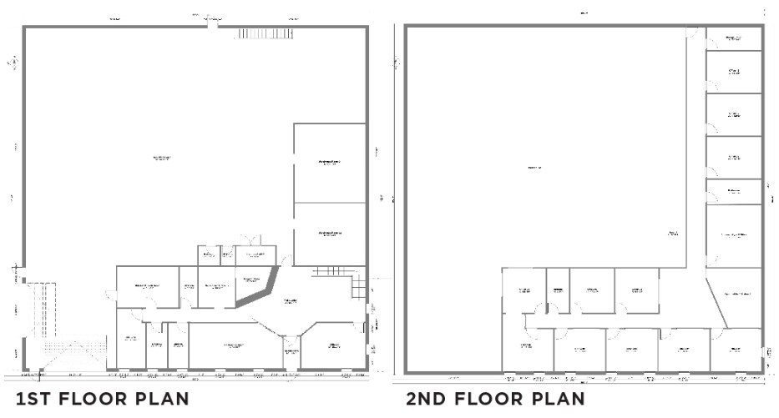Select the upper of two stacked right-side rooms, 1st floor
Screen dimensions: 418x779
tap(330, 163)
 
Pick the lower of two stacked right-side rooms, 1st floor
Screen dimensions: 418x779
tap(330, 234)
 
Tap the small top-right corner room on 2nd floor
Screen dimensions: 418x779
tap(734, 38)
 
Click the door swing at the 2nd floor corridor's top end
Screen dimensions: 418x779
tap(692, 33)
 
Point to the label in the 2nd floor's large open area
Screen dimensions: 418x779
tap(534, 168)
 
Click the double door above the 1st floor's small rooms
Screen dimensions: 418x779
tap(248, 240)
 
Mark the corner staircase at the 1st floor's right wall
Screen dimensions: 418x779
tap(358, 288)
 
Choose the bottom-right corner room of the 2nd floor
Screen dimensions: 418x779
tap(736, 349)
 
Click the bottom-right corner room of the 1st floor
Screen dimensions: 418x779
tap(332, 346)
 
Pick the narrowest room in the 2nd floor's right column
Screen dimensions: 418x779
tap(734, 191)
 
